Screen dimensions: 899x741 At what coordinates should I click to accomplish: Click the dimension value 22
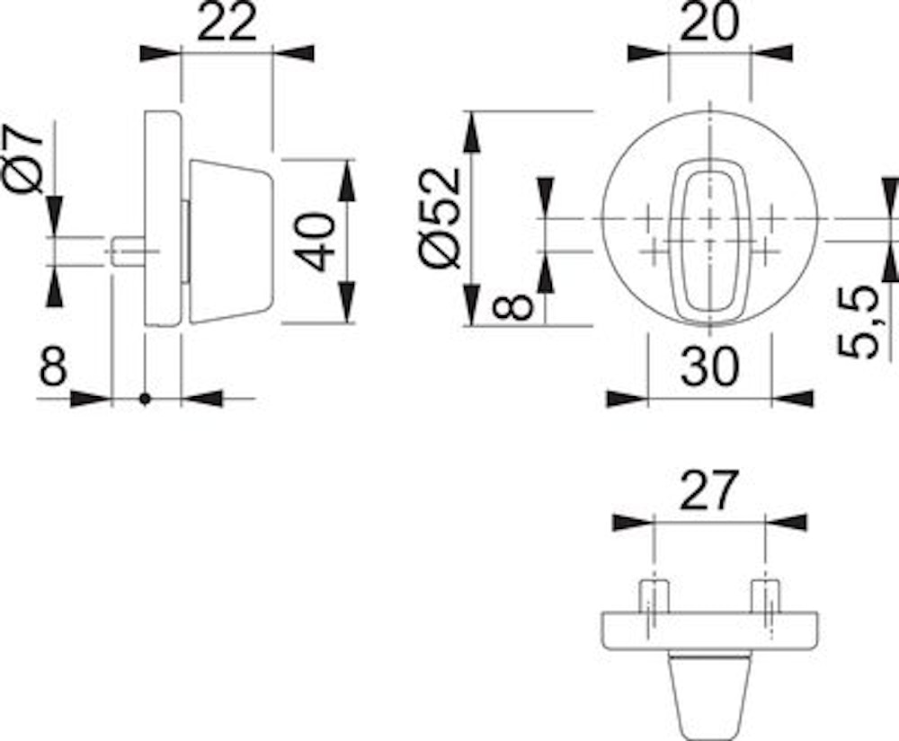coord(227,23)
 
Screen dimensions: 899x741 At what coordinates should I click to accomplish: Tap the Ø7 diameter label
coord(24,159)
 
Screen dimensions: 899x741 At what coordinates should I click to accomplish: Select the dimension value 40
coord(316,242)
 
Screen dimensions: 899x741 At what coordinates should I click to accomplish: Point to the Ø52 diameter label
coord(441,217)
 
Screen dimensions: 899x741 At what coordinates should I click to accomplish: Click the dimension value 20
coord(709,23)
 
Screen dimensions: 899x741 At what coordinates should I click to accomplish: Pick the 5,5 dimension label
coord(858,322)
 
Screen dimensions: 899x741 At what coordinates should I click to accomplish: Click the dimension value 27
coord(707,490)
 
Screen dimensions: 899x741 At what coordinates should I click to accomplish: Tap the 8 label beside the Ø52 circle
coord(513,306)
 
